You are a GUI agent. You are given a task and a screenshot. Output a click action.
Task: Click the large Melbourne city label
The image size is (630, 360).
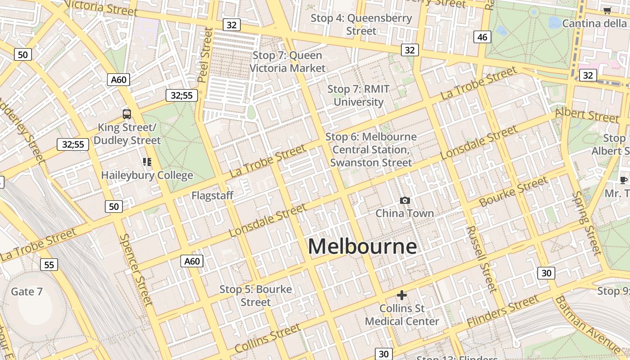(x=362, y=247)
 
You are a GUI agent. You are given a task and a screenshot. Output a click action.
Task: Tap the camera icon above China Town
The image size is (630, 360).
(x=405, y=201)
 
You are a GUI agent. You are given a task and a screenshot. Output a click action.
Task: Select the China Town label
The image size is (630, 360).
(x=405, y=213)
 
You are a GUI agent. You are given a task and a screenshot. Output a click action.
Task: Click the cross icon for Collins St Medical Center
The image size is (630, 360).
(x=402, y=295)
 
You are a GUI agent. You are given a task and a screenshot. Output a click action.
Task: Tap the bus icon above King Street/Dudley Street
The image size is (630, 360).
(x=127, y=114)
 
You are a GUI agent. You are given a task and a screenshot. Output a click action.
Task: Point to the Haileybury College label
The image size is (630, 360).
(x=147, y=175)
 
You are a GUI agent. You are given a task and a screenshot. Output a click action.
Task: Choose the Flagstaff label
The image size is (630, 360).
(x=212, y=196)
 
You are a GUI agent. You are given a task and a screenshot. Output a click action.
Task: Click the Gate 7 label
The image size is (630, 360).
(x=27, y=292)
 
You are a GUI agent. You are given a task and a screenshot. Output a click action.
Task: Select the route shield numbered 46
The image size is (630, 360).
(x=482, y=37)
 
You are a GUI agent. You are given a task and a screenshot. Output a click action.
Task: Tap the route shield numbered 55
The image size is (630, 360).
(x=49, y=265)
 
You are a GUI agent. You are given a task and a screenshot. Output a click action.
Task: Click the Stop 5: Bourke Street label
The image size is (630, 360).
(x=256, y=296)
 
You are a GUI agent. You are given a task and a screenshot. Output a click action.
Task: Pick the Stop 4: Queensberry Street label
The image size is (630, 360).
(x=361, y=25)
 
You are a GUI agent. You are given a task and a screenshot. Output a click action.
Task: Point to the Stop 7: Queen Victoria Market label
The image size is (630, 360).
(x=287, y=62)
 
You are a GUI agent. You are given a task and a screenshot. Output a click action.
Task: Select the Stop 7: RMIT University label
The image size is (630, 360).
(x=358, y=95)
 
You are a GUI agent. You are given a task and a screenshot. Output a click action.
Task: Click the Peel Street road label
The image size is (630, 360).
(x=205, y=55)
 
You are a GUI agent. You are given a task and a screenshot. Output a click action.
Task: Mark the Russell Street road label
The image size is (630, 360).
(x=481, y=258)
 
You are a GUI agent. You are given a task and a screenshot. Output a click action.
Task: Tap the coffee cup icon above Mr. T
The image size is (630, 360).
(x=623, y=180)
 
